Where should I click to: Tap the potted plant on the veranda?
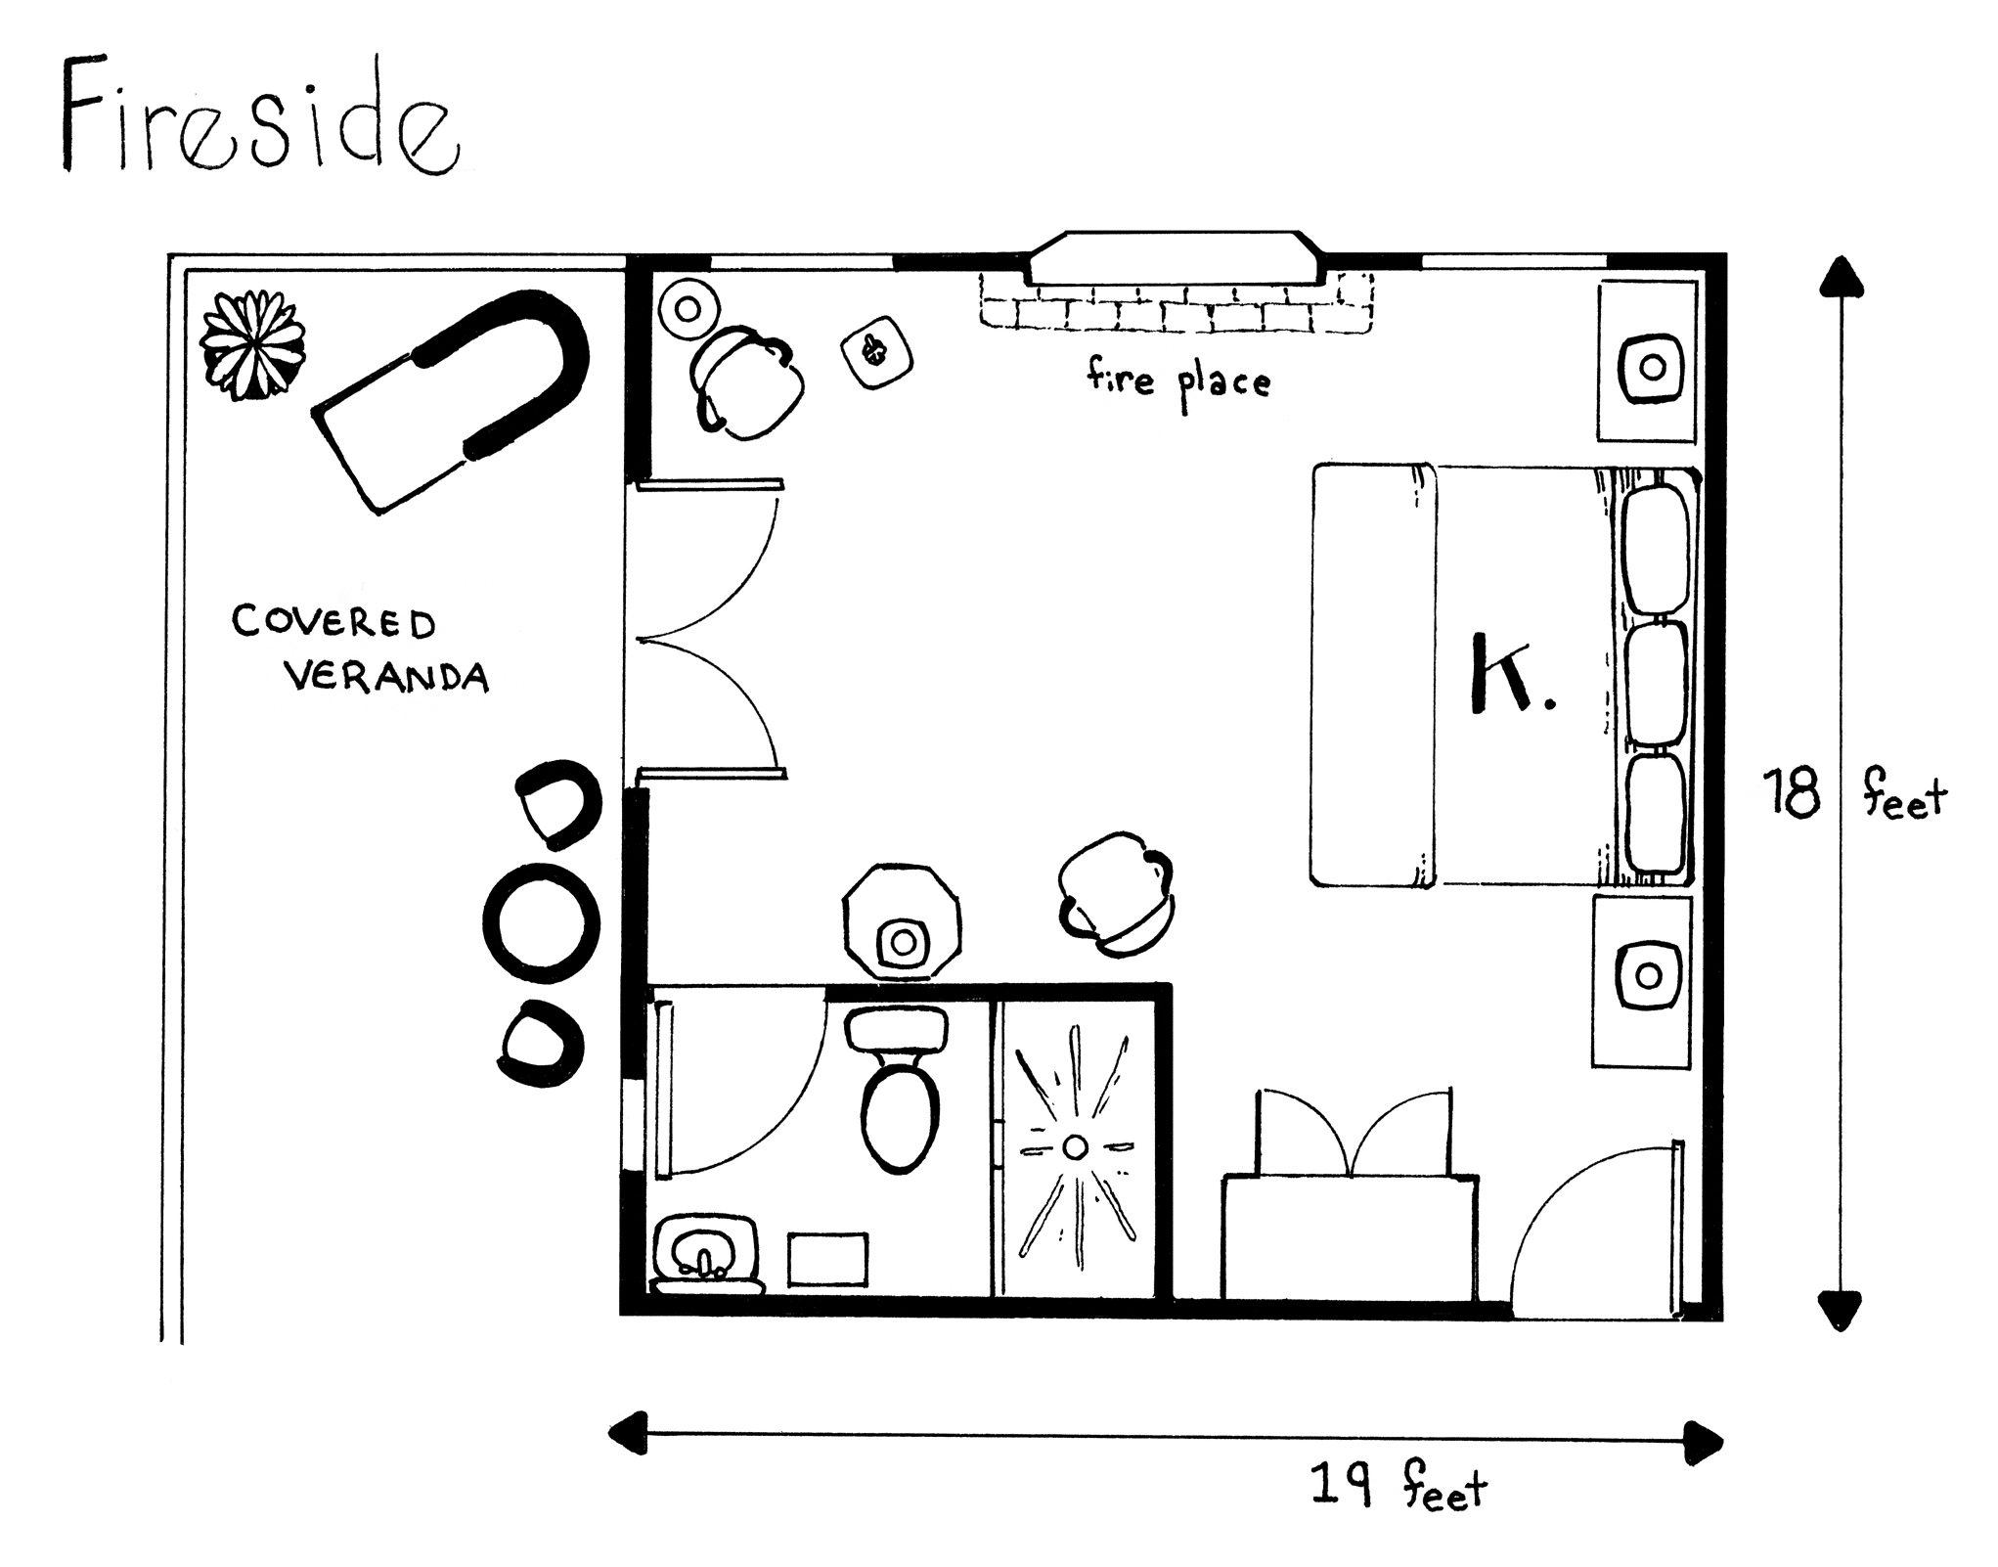click(252, 345)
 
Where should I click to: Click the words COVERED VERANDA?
click(360, 649)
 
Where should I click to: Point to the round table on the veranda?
click(541, 923)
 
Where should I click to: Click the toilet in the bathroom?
click(899, 1091)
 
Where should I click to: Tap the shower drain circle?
click(1075, 1146)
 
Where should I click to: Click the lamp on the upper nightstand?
click(1652, 368)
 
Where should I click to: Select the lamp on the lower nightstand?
click(1649, 975)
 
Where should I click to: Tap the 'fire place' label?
click(1177, 381)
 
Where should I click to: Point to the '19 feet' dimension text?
click(1399, 1488)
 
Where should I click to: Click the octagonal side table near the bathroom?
click(901, 921)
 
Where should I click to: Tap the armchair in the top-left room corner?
click(746, 383)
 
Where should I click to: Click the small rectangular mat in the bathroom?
click(828, 1259)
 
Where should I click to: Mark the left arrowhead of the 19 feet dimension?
click(628, 1432)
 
